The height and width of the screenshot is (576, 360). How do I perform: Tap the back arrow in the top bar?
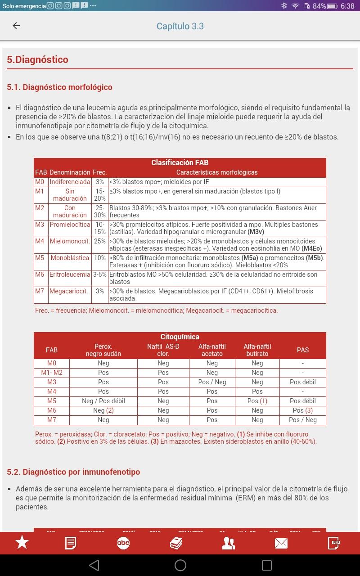(x=16, y=26)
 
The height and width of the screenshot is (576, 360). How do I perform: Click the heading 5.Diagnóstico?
(x=37, y=59)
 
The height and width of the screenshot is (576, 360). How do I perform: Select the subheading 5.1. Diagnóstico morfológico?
(x=59, y=87)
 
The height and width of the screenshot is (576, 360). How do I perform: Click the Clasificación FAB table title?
(x=180, y=162)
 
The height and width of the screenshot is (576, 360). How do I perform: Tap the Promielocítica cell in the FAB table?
(x=70, y=225)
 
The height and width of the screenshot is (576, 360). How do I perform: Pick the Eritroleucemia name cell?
(x=70, y=274)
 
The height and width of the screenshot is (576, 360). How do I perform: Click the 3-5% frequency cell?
(x=99, y=274)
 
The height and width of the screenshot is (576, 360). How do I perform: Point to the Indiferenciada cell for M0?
(x=70, y=182)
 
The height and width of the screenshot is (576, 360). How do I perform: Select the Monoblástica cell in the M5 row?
(x=70, y=258)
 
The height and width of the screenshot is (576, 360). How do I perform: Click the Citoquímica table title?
(x=180, y=337)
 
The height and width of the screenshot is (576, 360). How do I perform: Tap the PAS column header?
(x=302, y=350)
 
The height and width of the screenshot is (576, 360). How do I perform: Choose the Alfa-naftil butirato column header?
(x=257, y=350)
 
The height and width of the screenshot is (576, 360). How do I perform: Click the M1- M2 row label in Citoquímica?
(x=52, y=373)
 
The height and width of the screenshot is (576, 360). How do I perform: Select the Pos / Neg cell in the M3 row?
(x=212, y=382)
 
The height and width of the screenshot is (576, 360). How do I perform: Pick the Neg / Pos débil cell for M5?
(x=103, y=401)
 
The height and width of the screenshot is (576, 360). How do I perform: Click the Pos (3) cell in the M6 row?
(x=302, y=410)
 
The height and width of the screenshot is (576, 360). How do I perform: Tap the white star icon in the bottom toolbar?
(x=22, y=543)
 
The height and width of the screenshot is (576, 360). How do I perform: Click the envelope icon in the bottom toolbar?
(x=281, y=543)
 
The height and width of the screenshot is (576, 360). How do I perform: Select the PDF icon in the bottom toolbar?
(x=333, y=543)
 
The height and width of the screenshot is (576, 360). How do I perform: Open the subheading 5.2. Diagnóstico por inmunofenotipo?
(x=73, y=472)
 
